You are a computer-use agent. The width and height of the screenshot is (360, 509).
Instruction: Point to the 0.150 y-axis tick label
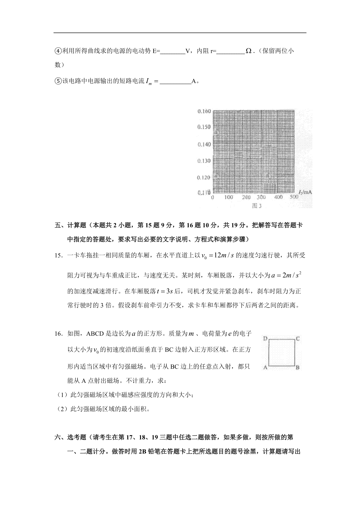[204, 127]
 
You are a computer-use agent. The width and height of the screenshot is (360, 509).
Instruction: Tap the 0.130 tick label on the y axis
[204, 161]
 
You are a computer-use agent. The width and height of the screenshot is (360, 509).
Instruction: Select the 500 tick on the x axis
[294, 197]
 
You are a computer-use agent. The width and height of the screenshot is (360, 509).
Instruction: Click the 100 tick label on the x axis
[229, 197]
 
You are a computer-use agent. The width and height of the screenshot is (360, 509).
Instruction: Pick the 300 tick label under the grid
[261, 197]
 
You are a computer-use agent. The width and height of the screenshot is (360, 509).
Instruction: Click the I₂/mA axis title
[305, 192]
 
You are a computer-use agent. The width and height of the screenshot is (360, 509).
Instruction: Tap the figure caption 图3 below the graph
[257, 206]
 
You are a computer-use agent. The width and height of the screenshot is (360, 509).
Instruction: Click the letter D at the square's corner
[265, 339]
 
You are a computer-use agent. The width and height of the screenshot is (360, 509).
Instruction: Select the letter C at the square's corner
[298, 339]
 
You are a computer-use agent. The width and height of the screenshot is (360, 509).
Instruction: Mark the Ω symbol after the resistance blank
[248, 51]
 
